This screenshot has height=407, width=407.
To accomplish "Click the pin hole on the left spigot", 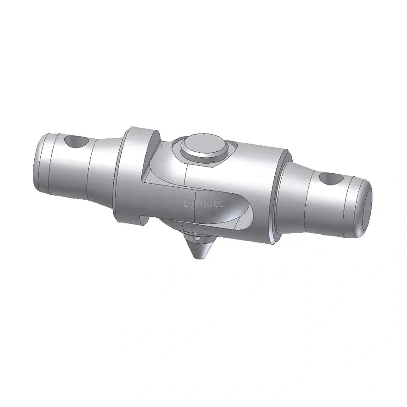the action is (76, 142).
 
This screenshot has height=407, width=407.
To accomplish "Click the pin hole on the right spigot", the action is (331, 179).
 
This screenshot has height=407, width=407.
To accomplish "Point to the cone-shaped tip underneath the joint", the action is (200, 248).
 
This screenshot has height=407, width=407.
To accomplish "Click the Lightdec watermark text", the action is (203, 203).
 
